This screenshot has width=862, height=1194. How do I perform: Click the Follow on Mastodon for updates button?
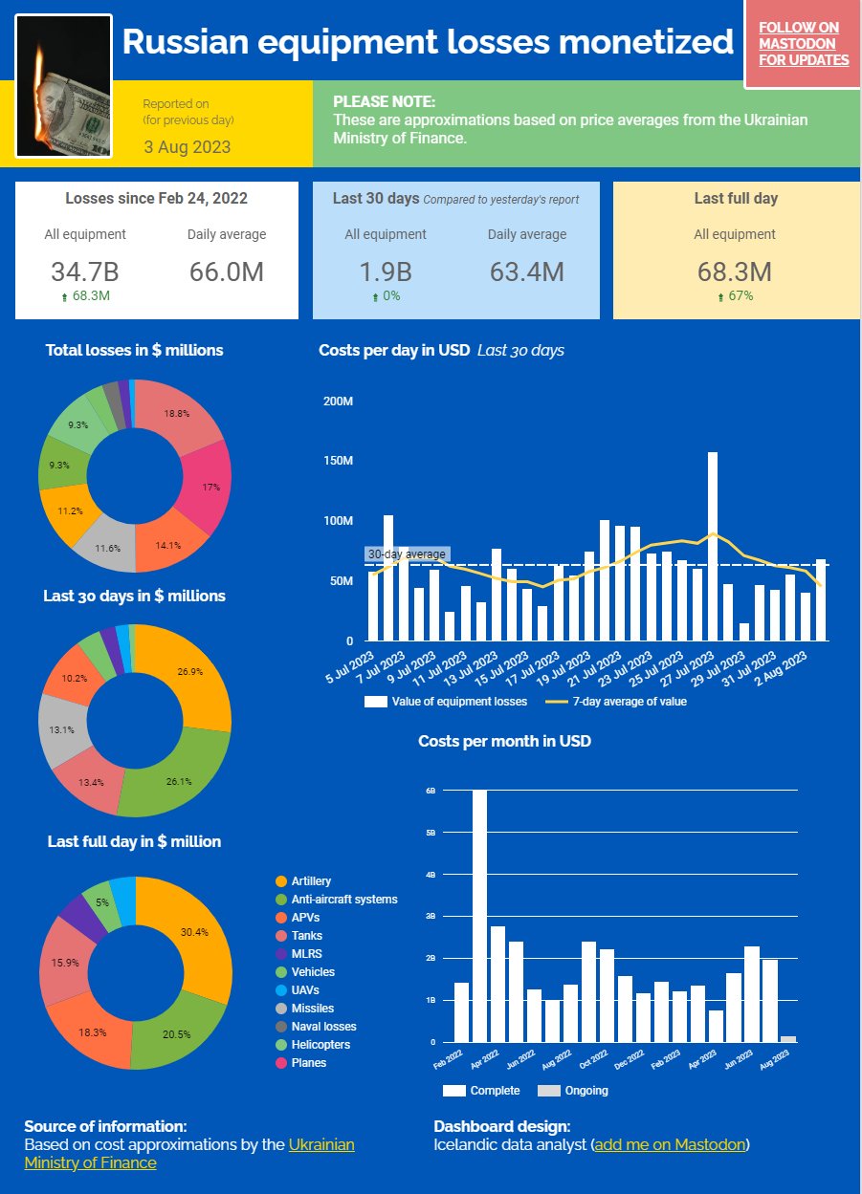coord(804,44)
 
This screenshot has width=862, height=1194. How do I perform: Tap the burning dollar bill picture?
coord(65,86)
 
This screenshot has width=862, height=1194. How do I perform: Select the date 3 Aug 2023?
coord(188,147)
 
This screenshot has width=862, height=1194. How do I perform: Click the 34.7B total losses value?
coord(84,271)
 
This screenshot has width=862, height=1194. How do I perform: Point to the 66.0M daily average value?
coord(227,271)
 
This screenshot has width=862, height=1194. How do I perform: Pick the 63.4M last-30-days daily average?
coord(526,271)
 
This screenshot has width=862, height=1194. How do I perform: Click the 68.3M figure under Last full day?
coord(735,271)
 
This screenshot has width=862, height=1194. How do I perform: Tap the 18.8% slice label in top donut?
coord(177,414)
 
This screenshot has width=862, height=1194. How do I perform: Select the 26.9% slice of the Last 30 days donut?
coord(189,671)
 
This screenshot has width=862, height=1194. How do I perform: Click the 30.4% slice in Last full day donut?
coord(194,931)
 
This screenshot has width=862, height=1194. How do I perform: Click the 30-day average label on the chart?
coord(407,554)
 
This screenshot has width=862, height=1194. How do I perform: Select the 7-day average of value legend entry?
coord(616,702)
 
